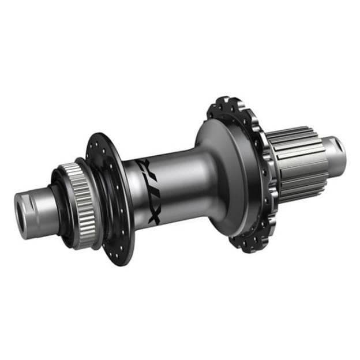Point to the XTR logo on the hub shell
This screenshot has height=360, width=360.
coord(151,187)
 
